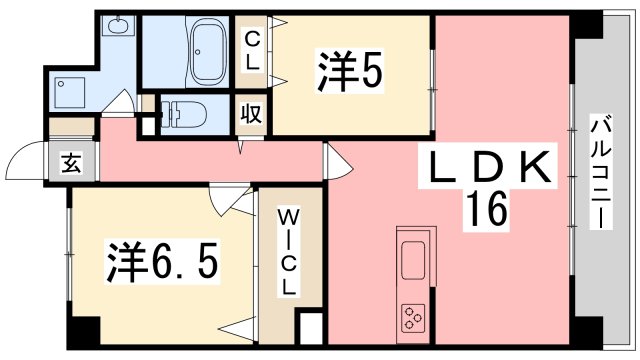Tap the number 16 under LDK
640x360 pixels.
(x=488, y=209)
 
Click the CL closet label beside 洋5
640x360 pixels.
(x=252, y=49)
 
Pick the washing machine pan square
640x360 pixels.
(x=72, y=92)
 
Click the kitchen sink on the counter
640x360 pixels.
(x=414, y=260)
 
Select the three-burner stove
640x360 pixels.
(x=413, y=319)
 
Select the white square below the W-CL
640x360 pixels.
(x=311, y=331)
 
